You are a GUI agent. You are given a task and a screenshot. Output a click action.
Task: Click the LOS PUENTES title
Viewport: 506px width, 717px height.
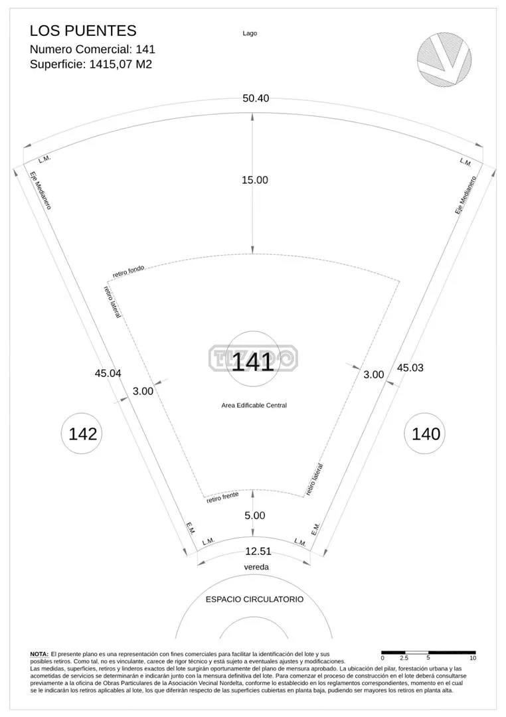83,31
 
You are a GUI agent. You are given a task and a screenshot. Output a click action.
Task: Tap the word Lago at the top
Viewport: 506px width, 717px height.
250,33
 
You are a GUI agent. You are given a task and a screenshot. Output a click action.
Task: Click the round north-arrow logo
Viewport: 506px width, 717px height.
444,59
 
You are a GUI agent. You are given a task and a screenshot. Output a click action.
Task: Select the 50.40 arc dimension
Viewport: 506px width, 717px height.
256,98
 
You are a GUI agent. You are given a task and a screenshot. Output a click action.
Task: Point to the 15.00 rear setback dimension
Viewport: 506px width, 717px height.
255,180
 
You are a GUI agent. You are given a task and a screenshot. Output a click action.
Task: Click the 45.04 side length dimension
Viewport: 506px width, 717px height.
108,373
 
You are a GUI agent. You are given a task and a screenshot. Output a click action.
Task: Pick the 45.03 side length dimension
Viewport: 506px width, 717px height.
410,368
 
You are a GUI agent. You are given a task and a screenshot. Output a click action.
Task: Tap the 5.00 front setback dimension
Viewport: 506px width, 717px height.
255,515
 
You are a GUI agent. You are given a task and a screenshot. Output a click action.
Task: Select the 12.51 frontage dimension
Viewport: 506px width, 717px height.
258,552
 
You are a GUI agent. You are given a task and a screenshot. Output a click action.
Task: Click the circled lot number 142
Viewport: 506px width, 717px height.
83,434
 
